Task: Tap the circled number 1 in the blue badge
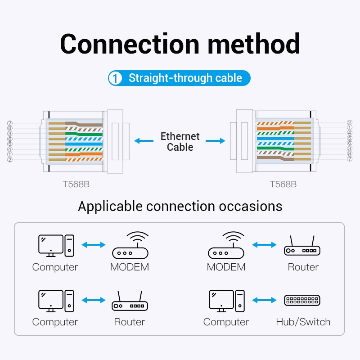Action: point(116,78)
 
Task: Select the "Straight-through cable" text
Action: point(185,78)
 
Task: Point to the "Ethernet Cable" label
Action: point(180,141)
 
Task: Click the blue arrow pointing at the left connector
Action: point(144,141)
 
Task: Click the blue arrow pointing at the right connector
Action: point(216,141)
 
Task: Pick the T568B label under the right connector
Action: point(283,184)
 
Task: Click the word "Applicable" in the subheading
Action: point(110,207)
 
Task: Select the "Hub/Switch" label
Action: point(303,322)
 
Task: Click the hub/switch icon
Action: point(302,301)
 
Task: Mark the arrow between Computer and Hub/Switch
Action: point(265,300)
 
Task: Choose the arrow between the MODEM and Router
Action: point(265,245)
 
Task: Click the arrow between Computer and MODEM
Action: point(94,245)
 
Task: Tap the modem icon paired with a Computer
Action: point(130,246)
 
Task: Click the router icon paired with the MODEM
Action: point(302,247)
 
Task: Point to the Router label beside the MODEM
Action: point(303,267)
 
